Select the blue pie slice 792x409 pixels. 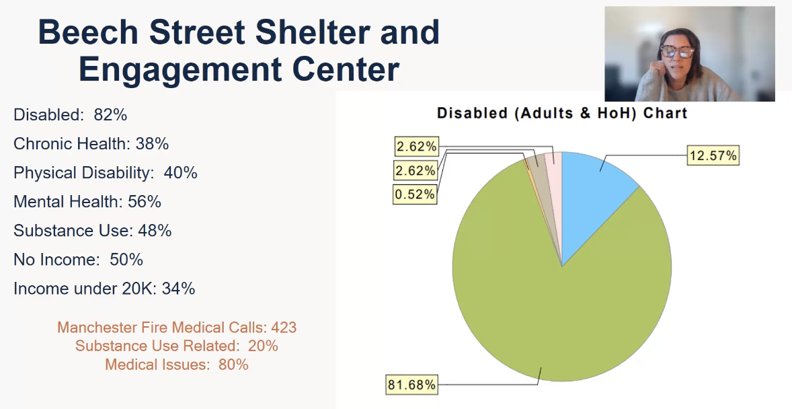click(592, 195)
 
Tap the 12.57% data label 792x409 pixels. click(713, 156)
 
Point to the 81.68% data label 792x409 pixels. click(411, 385)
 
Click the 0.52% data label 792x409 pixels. click(415, 195)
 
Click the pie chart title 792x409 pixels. click(562, 113)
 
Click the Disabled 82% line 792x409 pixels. click(70, 115)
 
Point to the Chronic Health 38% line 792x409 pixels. click(91, 144)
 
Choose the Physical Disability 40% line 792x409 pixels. click(105, 173)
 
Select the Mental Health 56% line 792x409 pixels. click(87, 202)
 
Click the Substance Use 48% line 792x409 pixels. click(92, 231)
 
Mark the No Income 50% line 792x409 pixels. click(78, 260)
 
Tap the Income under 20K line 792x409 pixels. click(104, 289)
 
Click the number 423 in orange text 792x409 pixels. click(283, 328)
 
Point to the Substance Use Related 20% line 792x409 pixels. click(176, 346)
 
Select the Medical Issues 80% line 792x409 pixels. click(176, 365)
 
